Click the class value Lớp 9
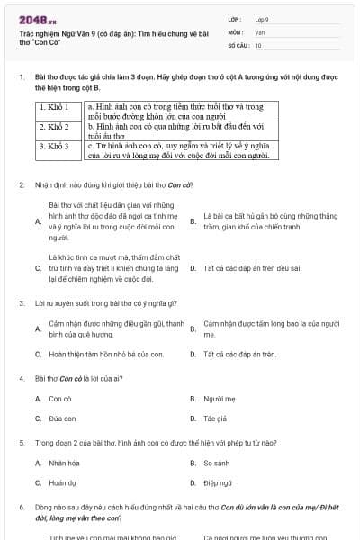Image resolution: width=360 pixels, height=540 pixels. [x=262, y=19]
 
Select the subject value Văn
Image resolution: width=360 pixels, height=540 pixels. [x=259, y=31]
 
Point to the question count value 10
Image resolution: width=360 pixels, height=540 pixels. [x=258, y=44]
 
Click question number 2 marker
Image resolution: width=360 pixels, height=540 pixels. [x=22, y=185]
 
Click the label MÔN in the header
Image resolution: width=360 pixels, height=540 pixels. [x=236, y=31]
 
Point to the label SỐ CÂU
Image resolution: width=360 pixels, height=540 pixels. [x=238, y=44]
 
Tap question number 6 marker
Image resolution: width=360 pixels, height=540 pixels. [x=22, y=508]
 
